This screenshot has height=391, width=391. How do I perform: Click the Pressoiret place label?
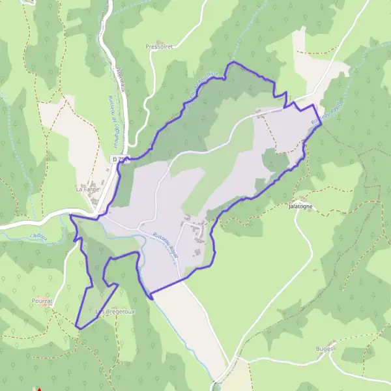[158, 48]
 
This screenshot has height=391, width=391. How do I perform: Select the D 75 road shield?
[118, 159]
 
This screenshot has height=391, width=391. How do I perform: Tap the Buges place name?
[327, 349]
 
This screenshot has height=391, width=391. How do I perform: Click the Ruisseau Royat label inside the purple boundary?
[164, 248]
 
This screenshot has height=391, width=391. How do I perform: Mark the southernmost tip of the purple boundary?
[77, 327]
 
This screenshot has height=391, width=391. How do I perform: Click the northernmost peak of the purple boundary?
[233, 63]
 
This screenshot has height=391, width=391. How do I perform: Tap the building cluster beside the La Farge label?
[94, 184]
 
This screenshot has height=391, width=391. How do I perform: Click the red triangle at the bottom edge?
[38, 389]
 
